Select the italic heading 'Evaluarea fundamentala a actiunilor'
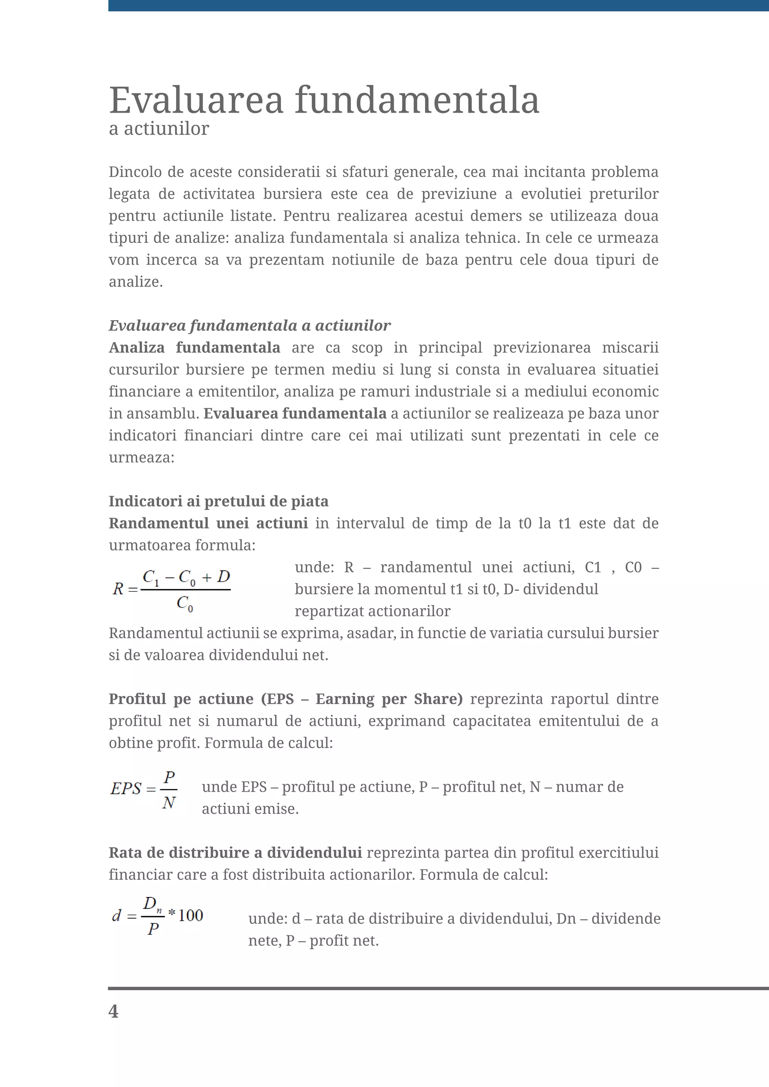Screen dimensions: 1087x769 coord(250,325)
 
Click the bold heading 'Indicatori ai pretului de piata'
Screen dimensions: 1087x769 coord(218,501)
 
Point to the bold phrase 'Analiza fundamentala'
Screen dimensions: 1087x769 coord(194,348)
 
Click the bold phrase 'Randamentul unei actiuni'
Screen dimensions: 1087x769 coord(208,523)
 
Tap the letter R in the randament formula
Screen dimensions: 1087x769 coord(118,589)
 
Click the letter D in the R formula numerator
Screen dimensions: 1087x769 coord(223,577)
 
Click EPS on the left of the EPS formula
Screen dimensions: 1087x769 coord(126,789)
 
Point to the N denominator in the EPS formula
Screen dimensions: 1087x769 coord(169,803)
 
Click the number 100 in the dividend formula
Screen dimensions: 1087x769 coord(190,915)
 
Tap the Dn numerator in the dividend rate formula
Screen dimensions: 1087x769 coord(152,904)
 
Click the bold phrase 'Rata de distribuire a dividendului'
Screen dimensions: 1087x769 coord(235,852)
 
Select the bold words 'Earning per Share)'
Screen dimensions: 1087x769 coord(389,699)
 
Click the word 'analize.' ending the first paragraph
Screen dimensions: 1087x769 coord(136,282)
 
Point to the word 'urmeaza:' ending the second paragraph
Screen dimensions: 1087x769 coord(142,457)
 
